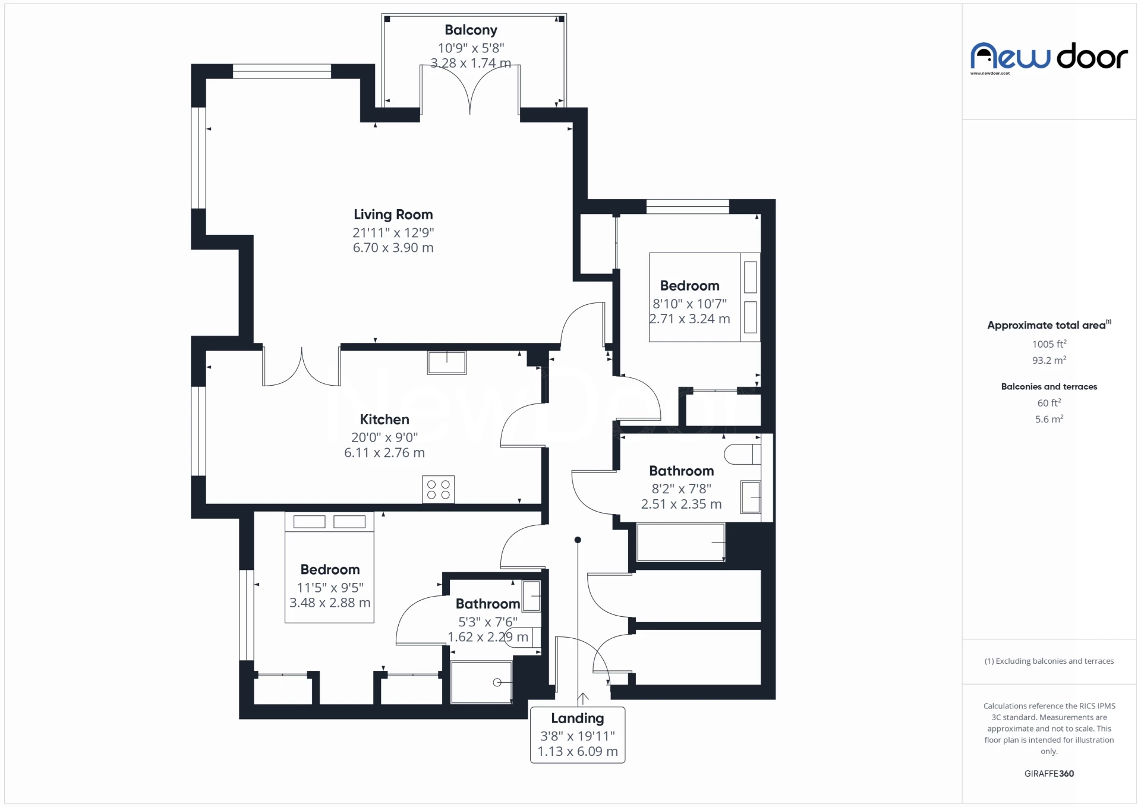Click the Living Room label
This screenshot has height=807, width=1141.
pos(393,215)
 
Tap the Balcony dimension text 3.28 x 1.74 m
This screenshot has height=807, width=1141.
pos(470,63)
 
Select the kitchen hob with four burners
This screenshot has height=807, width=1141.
pos(439,489)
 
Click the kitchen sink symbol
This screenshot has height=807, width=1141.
pos(447,362)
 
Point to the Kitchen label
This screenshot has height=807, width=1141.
pos(384,420)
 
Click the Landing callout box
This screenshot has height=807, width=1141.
pos(577,735)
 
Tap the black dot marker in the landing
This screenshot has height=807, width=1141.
pos(578,540)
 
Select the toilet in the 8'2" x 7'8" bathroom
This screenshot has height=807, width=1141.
pos(742,454)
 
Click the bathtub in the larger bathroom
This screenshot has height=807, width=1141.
pos(680,542)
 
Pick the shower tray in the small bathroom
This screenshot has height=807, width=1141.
pos(481,682)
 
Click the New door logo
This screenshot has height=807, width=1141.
pos(1049,58)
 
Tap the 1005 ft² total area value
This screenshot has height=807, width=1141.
pos(1049,344)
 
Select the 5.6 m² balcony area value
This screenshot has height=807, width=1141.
pos(1049,419)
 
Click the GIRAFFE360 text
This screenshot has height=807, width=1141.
pos(1049,773)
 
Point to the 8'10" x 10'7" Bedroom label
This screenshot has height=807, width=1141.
pos(689,286)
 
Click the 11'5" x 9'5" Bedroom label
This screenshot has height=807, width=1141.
pos(330,570)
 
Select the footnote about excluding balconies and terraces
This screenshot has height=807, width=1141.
pos(1049,661)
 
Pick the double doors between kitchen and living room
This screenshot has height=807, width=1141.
pos(302,367)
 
